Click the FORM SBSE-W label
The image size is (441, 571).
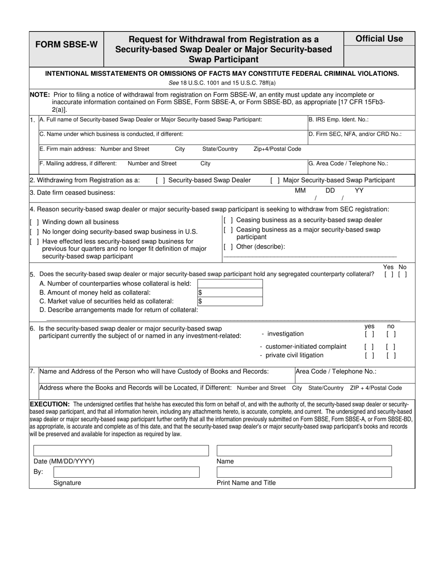click(67, 45)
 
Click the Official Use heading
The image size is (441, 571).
click(379, 39)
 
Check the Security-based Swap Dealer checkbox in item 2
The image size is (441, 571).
click(160, 180)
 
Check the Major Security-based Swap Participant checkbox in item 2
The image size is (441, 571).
click(274, 180)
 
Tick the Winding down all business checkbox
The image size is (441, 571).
click(34, 222)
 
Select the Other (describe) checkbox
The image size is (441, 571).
click(228, 247)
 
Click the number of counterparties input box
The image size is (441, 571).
click(230, 284)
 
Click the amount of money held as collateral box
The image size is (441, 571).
click(230, 292)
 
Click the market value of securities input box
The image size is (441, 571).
click(230, 301)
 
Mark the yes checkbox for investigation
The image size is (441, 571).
click(369, 334)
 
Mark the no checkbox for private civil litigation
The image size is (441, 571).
click(391, 356)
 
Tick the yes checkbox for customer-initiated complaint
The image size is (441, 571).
click(369, 346)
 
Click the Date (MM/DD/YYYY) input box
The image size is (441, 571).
click(121, 450)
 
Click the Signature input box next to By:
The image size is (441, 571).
click(126, 472)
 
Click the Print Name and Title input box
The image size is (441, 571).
click(304, 472)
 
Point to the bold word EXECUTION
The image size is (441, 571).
click(50, 404)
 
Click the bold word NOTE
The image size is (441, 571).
click(39, 94)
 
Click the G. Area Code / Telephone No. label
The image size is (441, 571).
click(348, 163)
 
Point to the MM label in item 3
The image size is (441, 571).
click(300, 190)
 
